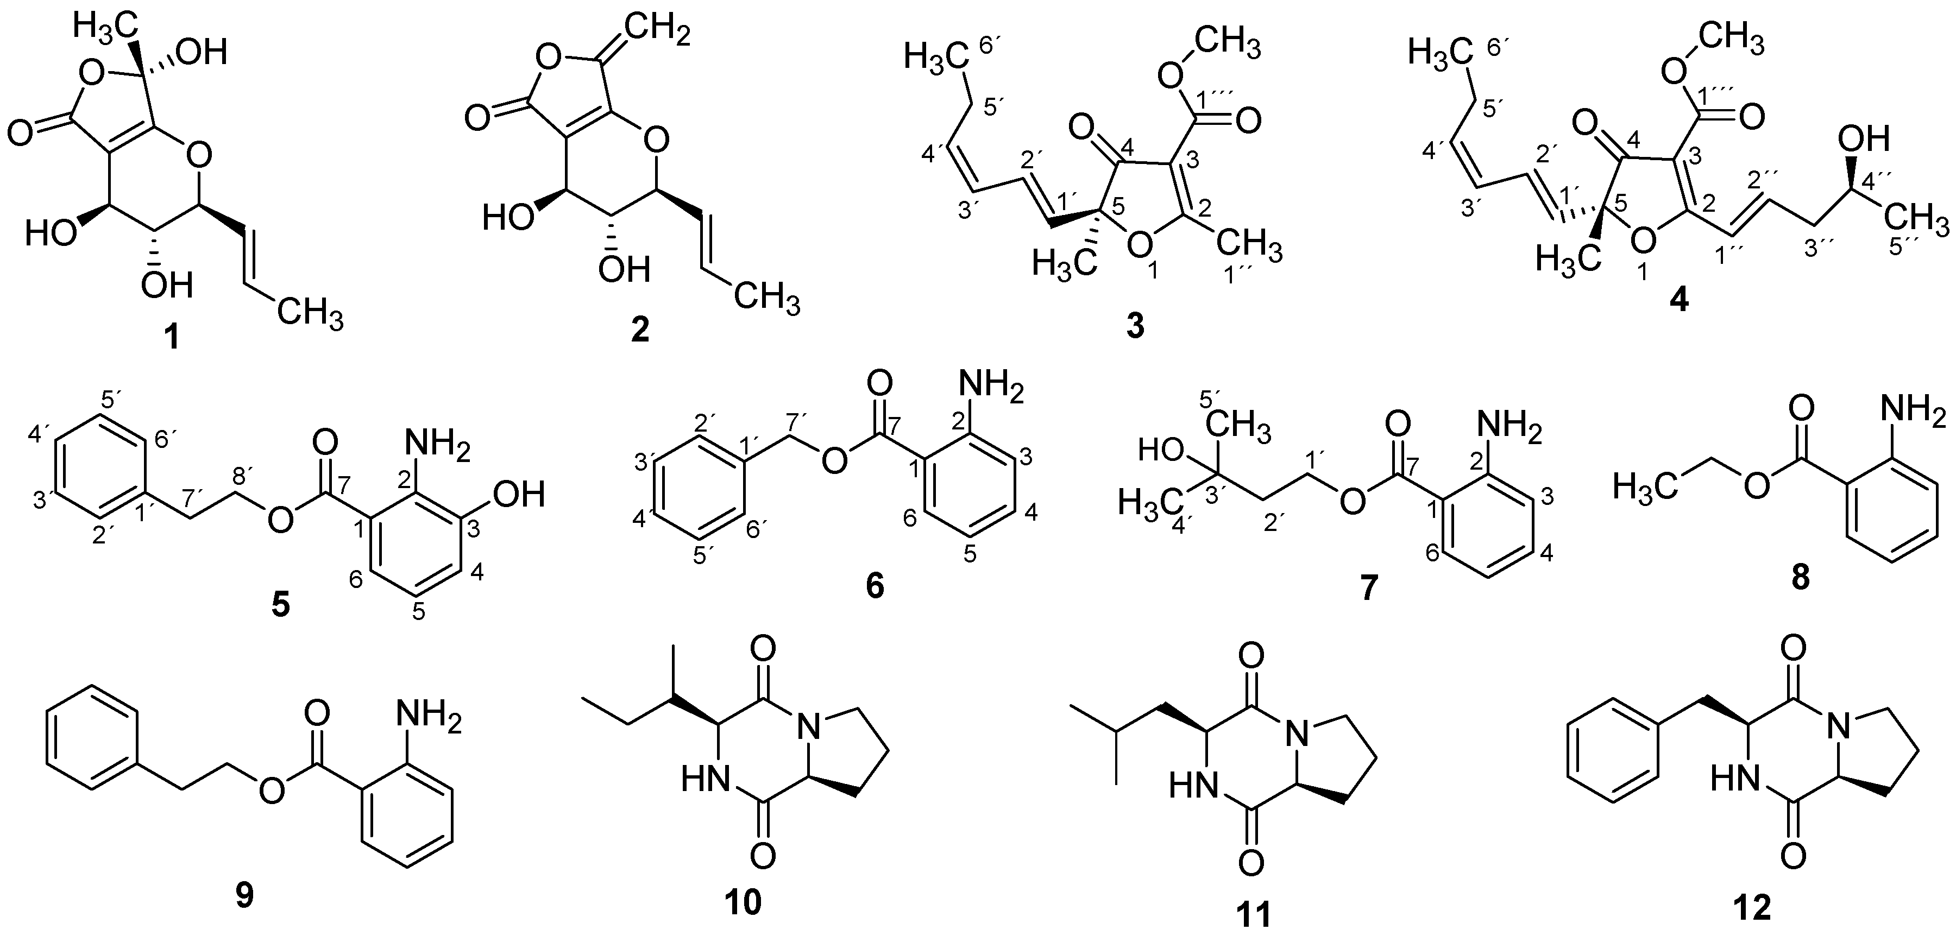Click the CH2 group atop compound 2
pyautogui.click(x=658, y=32)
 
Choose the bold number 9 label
pyautogui.click(x=244, y=897)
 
